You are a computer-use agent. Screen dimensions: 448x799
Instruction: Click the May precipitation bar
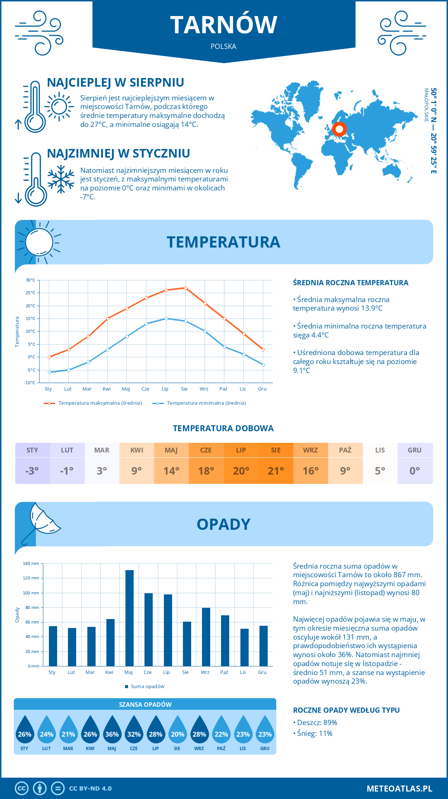tap(130, 618)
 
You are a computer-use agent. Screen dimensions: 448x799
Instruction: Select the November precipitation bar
tap(245, 647)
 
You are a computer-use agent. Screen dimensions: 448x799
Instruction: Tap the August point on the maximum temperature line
tap(186, 288)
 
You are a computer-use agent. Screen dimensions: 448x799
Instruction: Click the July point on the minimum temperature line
tap(166, 318)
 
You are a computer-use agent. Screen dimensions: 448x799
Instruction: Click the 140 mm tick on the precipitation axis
tap(31, 563)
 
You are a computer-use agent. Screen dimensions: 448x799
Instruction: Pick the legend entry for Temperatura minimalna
tap(199, 403)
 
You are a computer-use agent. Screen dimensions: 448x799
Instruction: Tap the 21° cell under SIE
tap(276, 471)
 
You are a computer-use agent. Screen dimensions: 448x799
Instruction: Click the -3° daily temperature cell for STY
tap(32, 471)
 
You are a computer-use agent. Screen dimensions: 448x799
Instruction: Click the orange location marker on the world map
tap(339, 130)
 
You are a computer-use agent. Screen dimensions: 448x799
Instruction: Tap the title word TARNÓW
tap(224, 25)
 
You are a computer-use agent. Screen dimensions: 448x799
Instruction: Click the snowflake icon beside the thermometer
tap(61, 179)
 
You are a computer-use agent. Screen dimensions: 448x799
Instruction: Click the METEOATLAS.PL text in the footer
tap(399, 789)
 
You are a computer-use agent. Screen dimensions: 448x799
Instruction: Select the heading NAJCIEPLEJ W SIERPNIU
tap(116, 83)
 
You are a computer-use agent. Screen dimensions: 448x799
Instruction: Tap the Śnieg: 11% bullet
tap(313, 733)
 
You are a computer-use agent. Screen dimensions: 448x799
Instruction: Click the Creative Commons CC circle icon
tap(22, 789)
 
